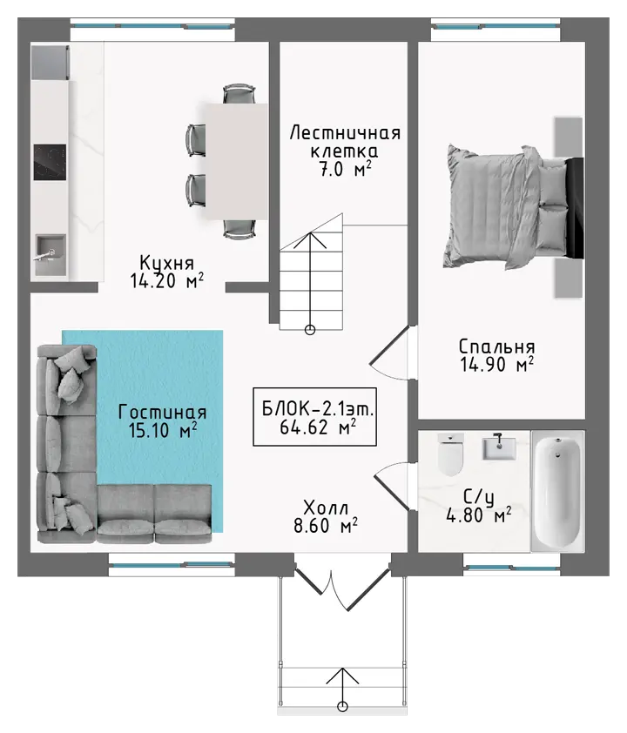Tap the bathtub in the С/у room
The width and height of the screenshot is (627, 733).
click(557, 491)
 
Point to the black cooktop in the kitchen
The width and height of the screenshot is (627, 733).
click(50, 162)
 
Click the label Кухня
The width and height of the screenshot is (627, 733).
click(167, 263)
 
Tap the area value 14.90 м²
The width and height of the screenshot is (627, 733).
click(497, 365)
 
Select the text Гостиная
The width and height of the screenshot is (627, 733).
click(162, 413)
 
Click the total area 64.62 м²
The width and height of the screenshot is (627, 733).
click(318, 427)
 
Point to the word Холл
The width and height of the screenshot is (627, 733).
click(326, 508)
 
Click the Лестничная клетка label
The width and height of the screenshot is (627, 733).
click(345, 142)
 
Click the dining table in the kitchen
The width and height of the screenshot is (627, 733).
click(235, 161)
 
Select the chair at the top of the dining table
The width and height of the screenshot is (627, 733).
click(239, 94)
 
